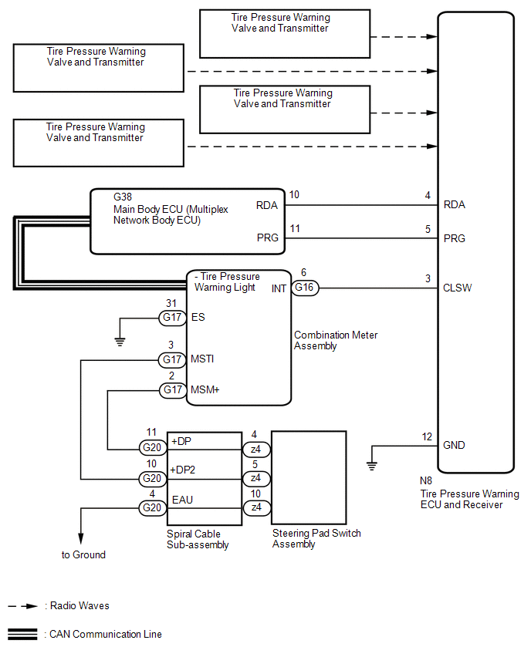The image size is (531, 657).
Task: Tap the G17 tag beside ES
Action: coord(171,317)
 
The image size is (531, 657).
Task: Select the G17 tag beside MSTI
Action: coord(171,359)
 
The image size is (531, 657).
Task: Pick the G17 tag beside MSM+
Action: coord(171,389)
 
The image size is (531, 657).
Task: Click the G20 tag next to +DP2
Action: coord(151,479)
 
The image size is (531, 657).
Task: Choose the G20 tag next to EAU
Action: coord(151,507)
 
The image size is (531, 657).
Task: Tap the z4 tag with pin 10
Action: coord(256,507)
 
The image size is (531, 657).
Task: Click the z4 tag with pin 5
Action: coord(256,479)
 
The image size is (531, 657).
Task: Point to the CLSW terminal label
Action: coord(458,288)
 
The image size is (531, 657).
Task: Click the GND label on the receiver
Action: coord(455,445)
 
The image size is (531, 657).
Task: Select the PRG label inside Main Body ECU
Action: coord(267,238)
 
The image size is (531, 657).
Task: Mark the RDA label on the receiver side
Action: coord(455,205)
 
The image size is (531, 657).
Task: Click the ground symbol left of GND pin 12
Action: coord(372,464)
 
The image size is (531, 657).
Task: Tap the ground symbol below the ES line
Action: coord(120,340)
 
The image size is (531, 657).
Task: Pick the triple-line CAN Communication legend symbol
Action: coord(22,635)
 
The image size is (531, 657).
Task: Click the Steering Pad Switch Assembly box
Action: coord(309,479)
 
